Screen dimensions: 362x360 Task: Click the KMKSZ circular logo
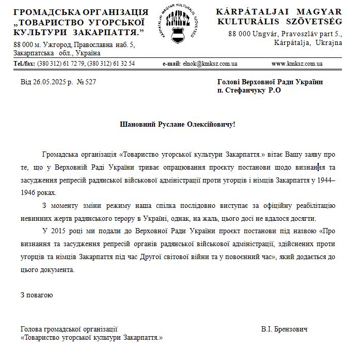[x=180, y=27]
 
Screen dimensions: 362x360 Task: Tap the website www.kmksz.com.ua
[x=297, y=64]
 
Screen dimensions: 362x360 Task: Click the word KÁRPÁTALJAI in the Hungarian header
[x=247, y=12]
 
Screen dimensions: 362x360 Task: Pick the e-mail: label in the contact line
[x=171, y=64]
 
